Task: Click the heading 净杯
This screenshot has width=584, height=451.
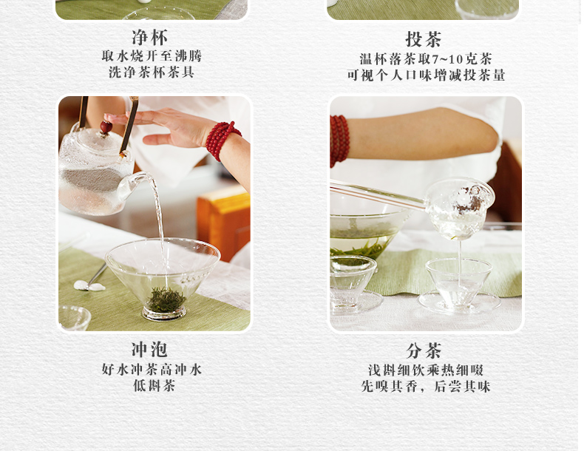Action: [x=150, y=37]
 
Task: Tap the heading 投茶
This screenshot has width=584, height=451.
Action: [x=424, y=38]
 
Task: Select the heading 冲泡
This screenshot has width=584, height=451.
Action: [x=150, y=350]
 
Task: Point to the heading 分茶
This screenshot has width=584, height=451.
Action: [x=424, y=350]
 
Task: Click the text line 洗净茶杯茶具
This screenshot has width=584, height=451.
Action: [x=152, y=72]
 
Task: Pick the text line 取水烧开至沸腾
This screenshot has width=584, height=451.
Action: [x=152, y=56]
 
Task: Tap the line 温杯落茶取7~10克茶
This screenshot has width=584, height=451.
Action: [x=425, y=59]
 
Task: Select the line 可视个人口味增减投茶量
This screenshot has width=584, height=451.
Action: [x=425, y=75]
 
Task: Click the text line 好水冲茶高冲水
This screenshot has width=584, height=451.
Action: [x=152, y=369]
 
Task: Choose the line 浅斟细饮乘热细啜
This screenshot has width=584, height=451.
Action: [x=425, y=370]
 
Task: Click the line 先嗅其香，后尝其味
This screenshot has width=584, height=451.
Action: [x=425, y=386]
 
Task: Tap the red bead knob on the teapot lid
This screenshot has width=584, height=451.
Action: [x=106, y=127]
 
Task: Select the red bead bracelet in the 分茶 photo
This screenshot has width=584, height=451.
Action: [x=339, y=140]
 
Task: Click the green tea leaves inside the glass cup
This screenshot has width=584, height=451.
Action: [x=164, y=299]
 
